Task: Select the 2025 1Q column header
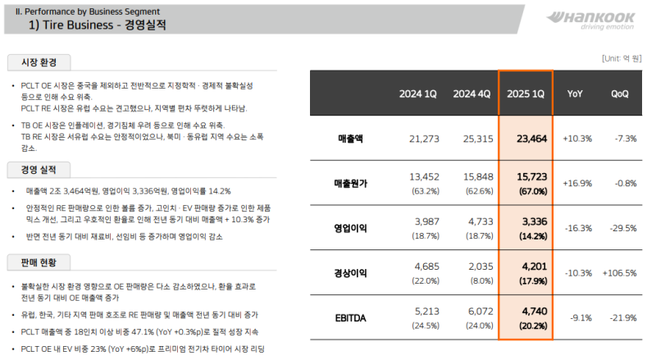point(526,93)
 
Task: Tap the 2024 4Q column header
point(472,93)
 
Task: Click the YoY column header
point(576,93)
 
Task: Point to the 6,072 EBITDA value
point(476,312)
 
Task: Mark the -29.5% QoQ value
point(620,228)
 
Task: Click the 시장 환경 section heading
point(39,63)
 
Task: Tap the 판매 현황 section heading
point(39,262)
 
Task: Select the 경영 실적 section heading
point(39,170)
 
